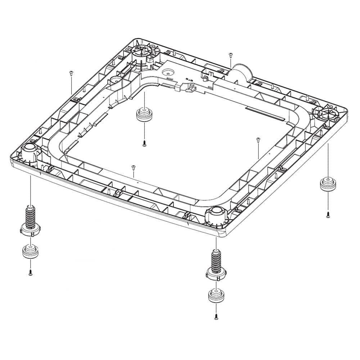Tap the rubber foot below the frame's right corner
pyautogui.click(x=328, y=185)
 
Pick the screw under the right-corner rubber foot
pyautogui.click(x=328, y=215)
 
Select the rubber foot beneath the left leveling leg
pyautogui.click(x=30, y=251)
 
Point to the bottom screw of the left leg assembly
pyautogui.click(x=31, y=274)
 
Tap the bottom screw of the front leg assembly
pyautogui.click(x=216, y=317)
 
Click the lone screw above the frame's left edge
pyautogui.click(x=71, y=73)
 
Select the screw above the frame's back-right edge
pyautogui.click(x=230, y=55)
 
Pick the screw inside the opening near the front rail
pyautogui.click(x=133, y=167)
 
